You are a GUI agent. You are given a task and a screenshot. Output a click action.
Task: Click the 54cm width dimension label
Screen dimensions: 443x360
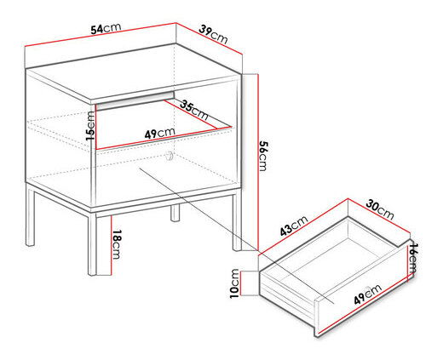pyautogui.click(x=106, y=28)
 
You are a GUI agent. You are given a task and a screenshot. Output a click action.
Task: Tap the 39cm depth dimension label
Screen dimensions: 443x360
pyautogui.click(x=213, y=34)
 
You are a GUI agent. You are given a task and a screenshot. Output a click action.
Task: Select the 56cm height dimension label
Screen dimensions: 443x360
pyautogui.click(x=263, y=156)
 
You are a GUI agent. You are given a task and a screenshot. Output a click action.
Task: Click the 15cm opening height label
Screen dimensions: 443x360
pyautogui.click(x=90, y=125)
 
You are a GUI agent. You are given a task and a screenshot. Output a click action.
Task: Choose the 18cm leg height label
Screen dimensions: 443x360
pyautogui.click(x=117, y=244)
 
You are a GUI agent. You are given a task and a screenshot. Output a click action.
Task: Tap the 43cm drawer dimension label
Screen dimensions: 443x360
pyautogui.click(x=294, y=226)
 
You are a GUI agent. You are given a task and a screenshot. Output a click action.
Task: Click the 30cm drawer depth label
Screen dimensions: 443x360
pyautogui.click(x=380, y=210)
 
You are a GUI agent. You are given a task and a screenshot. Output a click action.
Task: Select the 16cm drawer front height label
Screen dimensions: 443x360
pyautogui.click(x=412, y=258)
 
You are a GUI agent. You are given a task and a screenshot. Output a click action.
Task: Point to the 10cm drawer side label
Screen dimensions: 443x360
pyautogui.click(x=235, y=283)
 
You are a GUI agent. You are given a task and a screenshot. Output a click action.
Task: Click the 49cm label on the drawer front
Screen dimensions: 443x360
pyautogui.click(x=368, y=294)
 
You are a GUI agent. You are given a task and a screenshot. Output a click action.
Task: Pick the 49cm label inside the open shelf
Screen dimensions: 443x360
pyautogui.click(x=159, y=133)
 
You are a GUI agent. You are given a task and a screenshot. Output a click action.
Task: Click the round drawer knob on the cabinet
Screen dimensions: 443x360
pyautogui.click(x=169, y=156)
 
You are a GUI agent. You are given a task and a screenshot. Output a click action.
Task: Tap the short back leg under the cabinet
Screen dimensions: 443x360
pyautogui.click(x=175, y=213)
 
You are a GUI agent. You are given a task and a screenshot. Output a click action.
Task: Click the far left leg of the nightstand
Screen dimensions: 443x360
pyautogui.click(x=30, y=216)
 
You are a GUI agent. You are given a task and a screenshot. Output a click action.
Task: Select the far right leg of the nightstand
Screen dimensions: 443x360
pyautogui.click(x=237, y=222)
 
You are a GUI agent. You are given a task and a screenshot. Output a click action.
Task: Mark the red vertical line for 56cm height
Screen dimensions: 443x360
pyautogui.click(x=258, y=163)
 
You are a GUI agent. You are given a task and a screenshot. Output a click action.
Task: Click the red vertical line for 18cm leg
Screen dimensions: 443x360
pyautogui.click(x=112, y=245)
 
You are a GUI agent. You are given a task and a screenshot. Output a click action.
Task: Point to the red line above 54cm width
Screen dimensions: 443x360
pyautogui.click(x=101, y=34)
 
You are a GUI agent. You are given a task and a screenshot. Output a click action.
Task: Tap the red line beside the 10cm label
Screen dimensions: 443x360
pyautogui.click(x=241, y=283)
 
